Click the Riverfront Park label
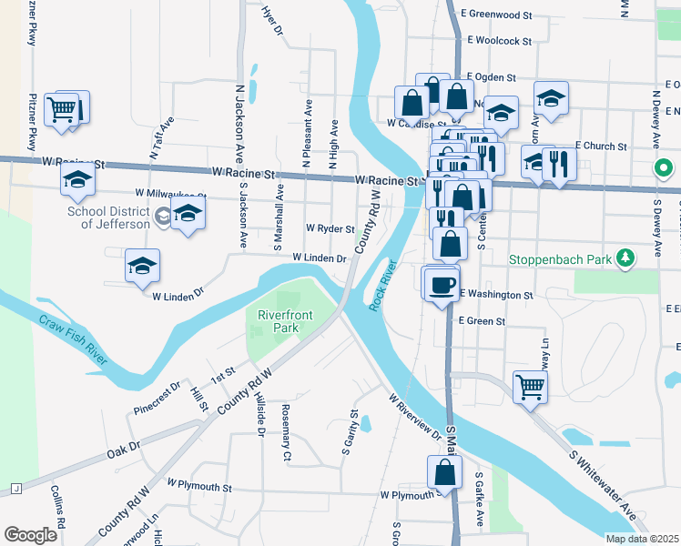(279, 320)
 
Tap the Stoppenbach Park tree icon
(625, 259)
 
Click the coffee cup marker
(442, 285)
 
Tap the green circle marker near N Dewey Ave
(664, 168)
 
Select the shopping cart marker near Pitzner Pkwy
(61, 110)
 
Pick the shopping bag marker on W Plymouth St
(443, 473)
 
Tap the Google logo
(30, 535)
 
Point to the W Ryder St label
(330, 228)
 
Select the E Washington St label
(496, 295)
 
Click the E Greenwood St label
(496, 15)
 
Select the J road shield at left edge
(15, 489)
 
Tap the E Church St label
(601, 146)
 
